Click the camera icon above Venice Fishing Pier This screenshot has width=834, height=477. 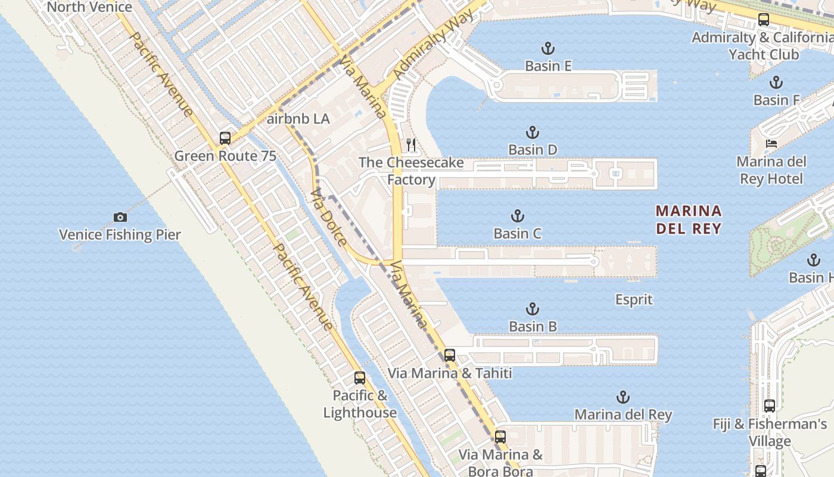pos(120,217)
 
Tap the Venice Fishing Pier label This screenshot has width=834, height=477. pos(120,235)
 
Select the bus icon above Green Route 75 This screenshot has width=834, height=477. pos(225,138)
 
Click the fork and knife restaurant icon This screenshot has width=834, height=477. pos(410,144)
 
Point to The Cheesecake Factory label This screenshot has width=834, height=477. pos(411,171)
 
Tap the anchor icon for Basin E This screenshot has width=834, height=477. pos(547,48)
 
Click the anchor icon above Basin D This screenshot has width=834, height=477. pos(532,132)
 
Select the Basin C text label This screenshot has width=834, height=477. pos(517,233)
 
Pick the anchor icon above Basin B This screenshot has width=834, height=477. pos(533,309)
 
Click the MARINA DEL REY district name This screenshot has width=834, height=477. pos(689,219)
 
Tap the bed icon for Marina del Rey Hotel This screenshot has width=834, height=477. pos(771,144)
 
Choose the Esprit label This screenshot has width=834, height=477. pos(634,299)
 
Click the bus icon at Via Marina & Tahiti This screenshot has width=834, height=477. pos(450,355)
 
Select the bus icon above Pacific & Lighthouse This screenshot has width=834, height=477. pos(359,377)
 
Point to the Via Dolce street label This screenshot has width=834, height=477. pos(328,217)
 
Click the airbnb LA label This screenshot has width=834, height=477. pos(298,119)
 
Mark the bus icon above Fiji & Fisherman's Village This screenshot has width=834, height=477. pos(769,406)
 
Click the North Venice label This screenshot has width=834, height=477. pos(89,7)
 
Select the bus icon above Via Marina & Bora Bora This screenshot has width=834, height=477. pos(500,437)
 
